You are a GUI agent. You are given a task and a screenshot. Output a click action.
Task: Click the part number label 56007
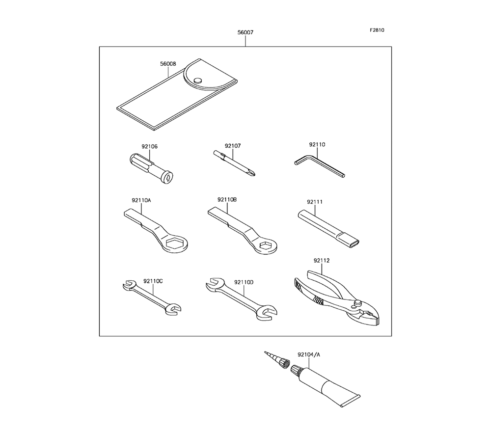245,32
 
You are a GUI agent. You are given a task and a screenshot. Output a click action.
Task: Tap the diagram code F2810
377,30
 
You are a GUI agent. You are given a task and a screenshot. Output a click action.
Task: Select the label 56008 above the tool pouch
167,64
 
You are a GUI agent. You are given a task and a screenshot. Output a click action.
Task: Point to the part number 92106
150,146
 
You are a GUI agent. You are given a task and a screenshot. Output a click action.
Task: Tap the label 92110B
227,200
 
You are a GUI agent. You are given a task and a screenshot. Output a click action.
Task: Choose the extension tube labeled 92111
329,226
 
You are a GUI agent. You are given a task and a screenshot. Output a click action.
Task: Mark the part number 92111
315,201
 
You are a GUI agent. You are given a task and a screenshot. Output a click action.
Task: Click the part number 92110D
244,282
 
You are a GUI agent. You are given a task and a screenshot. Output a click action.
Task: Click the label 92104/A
308,353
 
